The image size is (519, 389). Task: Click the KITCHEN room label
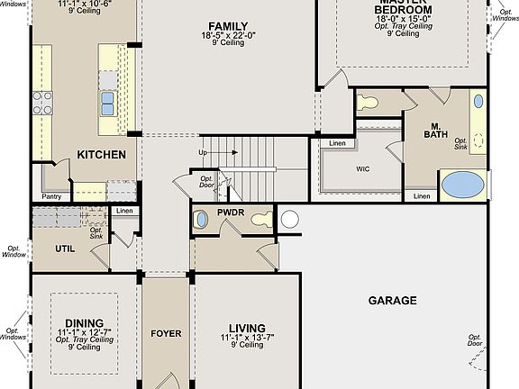pos(101,155)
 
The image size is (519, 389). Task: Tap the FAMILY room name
pos(227,25)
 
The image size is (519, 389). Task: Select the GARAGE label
pos(392,301)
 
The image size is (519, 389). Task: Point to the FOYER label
pos(166,334)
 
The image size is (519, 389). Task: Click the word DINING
pos(83,322)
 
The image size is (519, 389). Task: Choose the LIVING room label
pos(246,328)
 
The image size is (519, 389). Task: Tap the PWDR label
pos(231,213)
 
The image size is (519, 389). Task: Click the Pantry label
pos(50,196)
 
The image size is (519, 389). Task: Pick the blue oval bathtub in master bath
pos(463,185)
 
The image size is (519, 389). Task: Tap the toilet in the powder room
pos(260,218)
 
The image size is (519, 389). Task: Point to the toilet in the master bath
pos(367,102)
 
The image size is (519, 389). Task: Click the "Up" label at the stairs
pos(204,153)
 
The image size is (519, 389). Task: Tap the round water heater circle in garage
pos(289,218)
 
